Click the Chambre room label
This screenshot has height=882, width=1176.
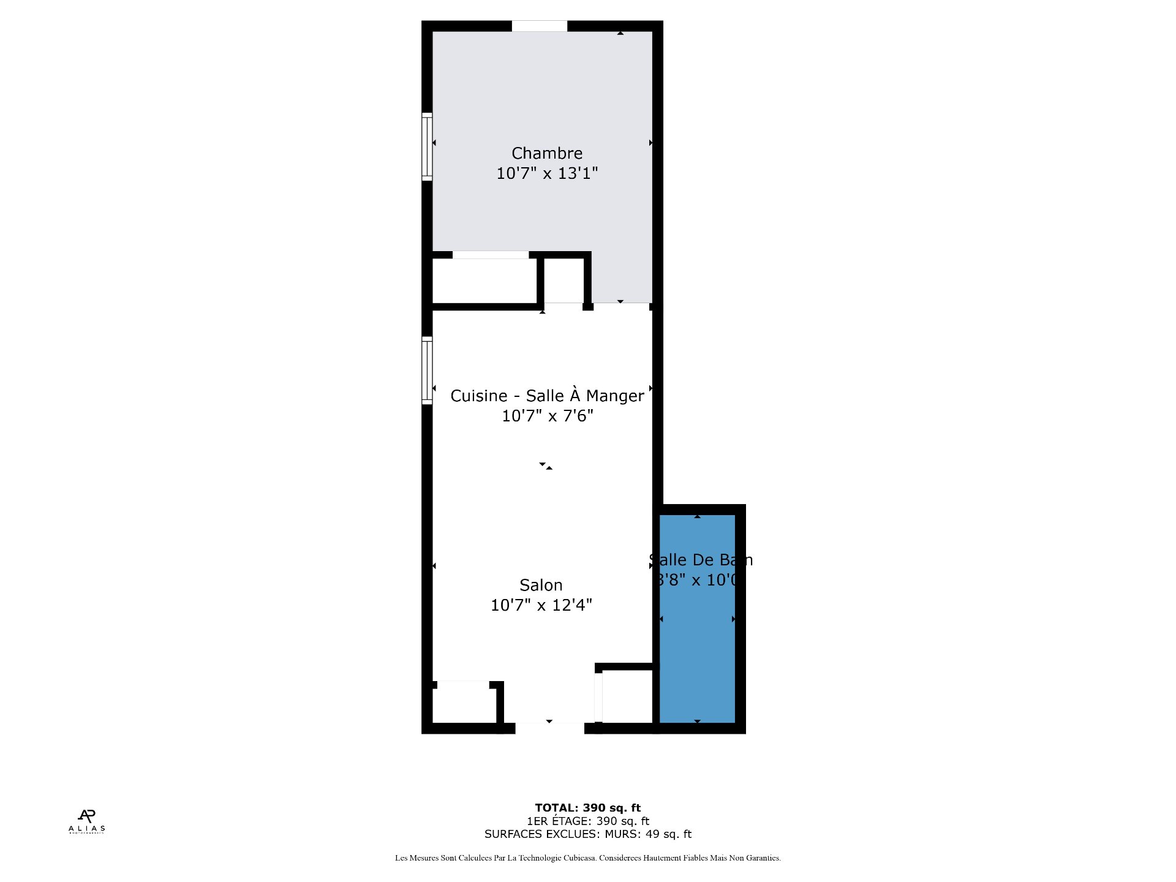coord(547,153)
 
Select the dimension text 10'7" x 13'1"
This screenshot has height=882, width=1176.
coord(547,173)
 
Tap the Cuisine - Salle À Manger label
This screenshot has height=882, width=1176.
coord(547,396)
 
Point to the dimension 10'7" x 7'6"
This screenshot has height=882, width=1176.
coord(548,416)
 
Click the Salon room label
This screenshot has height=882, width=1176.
coord(541,586)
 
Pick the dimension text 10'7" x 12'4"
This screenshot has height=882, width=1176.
coord(541,605)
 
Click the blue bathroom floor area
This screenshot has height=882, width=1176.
coord(697,661)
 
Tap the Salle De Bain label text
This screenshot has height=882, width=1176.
coord(701,560)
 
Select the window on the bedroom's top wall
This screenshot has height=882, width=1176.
coord(540,26)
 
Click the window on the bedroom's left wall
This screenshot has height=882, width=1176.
coord(428,147)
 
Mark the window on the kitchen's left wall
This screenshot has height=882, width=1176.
coord(428,371)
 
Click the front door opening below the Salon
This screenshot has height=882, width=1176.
coord(549,728)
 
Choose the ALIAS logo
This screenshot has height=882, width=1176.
coord(87,821)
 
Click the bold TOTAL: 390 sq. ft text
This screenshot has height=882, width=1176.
coord(587,808)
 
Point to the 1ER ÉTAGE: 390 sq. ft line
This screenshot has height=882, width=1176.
coord(587,821)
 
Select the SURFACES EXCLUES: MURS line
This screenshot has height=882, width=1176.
coord(587,834)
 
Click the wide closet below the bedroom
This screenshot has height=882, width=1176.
coord(484,281)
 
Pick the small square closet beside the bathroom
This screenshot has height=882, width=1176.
coord(627,696)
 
